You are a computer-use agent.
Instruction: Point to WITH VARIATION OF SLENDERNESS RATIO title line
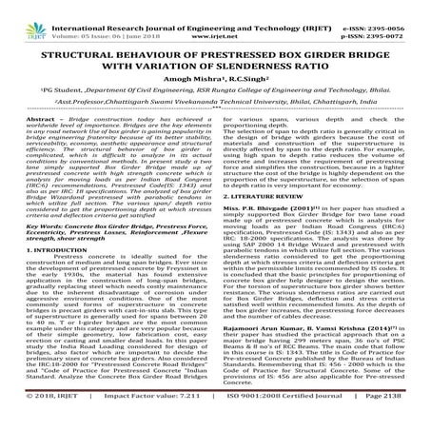pyautogui.click(x=215, y=52)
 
